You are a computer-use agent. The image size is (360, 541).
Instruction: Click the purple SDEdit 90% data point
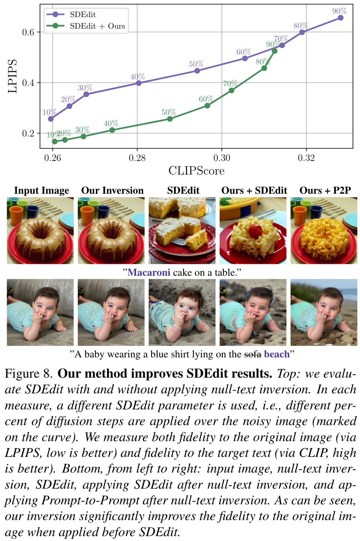coord(340,18)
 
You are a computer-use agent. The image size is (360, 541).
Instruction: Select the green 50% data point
coord(170,119)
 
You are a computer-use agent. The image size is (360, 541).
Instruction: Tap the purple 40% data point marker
coord(139,83)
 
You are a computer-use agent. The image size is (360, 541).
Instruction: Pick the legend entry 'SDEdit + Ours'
coord(97,26)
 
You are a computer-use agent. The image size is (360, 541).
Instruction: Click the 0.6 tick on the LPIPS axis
coord(28,32)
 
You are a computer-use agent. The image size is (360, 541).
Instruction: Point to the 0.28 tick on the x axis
coord(137,158)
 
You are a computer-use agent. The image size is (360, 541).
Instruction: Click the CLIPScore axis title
coord(196,171)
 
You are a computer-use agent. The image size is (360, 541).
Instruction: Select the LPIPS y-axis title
coord(13,76)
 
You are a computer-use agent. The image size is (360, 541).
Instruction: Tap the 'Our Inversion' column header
coord(112,191)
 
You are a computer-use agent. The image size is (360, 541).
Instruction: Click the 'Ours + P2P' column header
coord(325,191)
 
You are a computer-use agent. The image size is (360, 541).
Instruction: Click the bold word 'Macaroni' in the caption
coord(149,273)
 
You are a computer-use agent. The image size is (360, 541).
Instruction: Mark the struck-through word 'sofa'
coord(253,354)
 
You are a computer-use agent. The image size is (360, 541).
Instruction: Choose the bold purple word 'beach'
coord(277,354)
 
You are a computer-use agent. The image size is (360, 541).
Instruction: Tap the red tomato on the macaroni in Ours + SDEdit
coord(255,230)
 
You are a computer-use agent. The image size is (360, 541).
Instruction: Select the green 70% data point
coord(231,90)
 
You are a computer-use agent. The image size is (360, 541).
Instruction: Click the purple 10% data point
coord(51,119)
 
